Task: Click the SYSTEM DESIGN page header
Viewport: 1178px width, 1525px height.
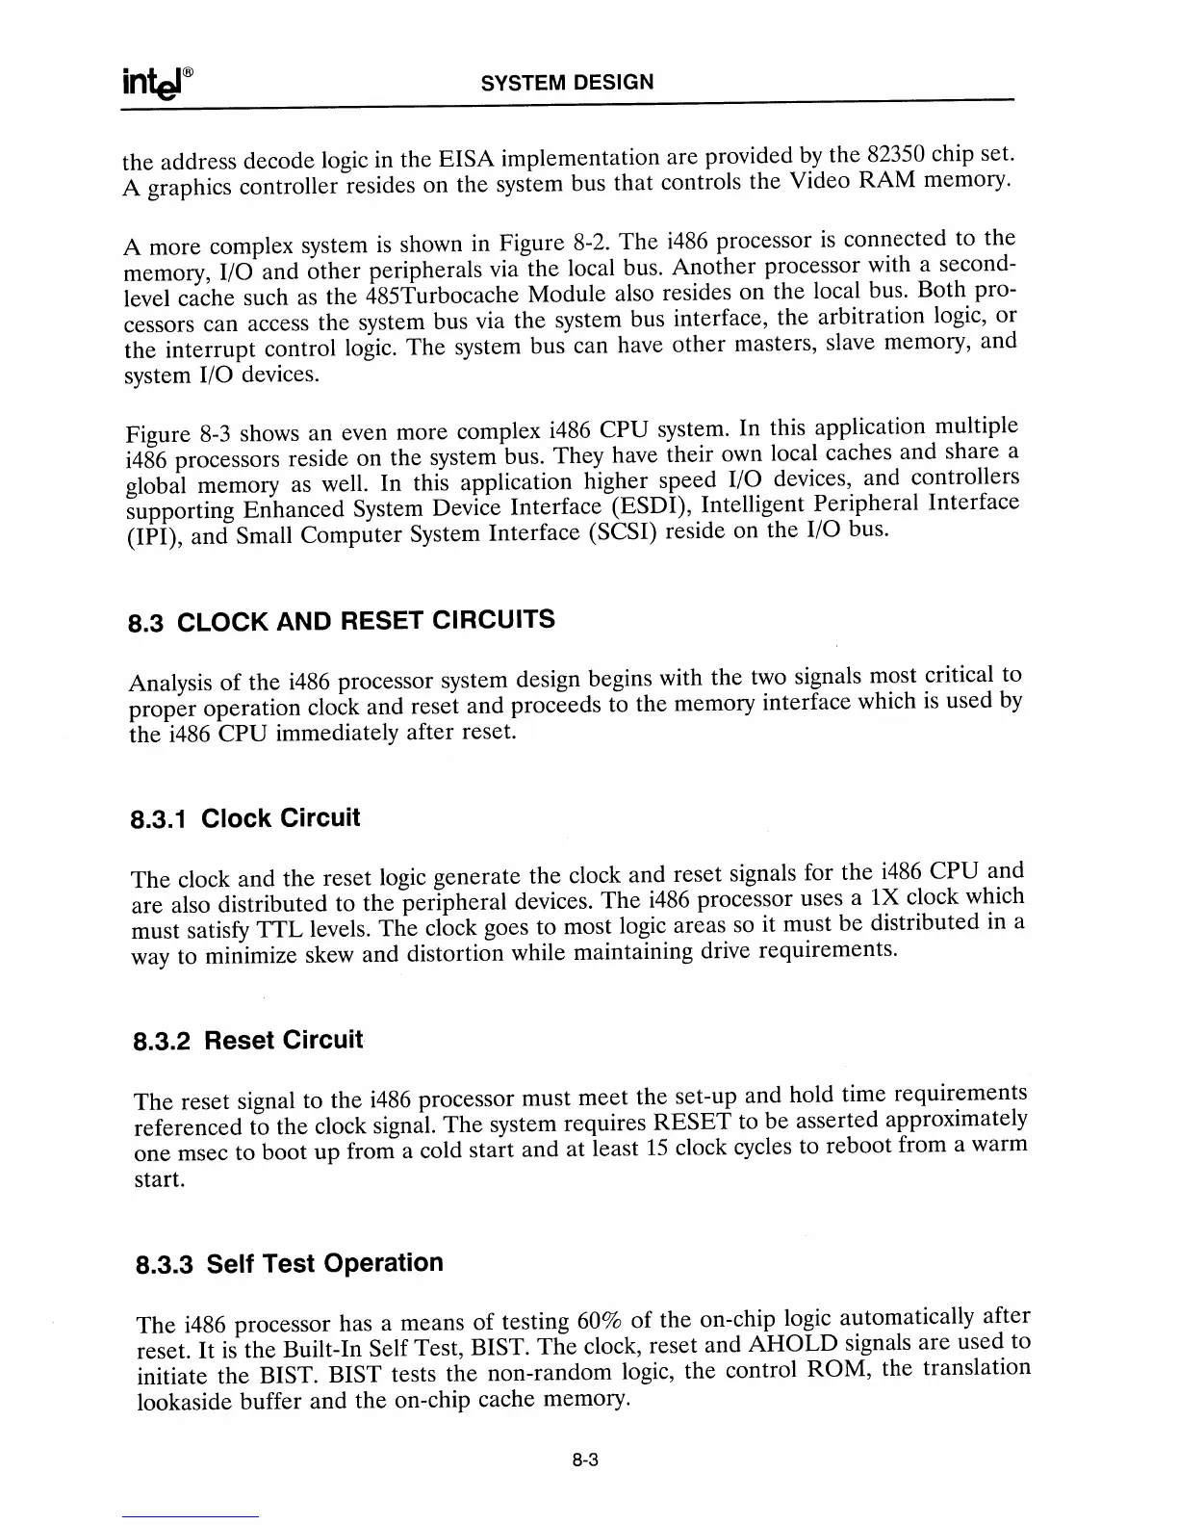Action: tap(567, 82)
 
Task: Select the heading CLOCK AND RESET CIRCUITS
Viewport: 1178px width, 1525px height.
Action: tap(366, 620)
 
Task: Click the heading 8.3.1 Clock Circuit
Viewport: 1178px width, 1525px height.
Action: tap(244, 819)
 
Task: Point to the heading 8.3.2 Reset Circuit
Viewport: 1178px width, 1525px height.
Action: tap(247, 1041)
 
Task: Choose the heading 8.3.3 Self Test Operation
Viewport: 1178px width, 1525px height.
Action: tap(288, 1263)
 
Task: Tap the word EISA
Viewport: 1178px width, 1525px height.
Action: tap(466, 159)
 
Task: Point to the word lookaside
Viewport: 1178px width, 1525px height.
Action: tap(188, 1401)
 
